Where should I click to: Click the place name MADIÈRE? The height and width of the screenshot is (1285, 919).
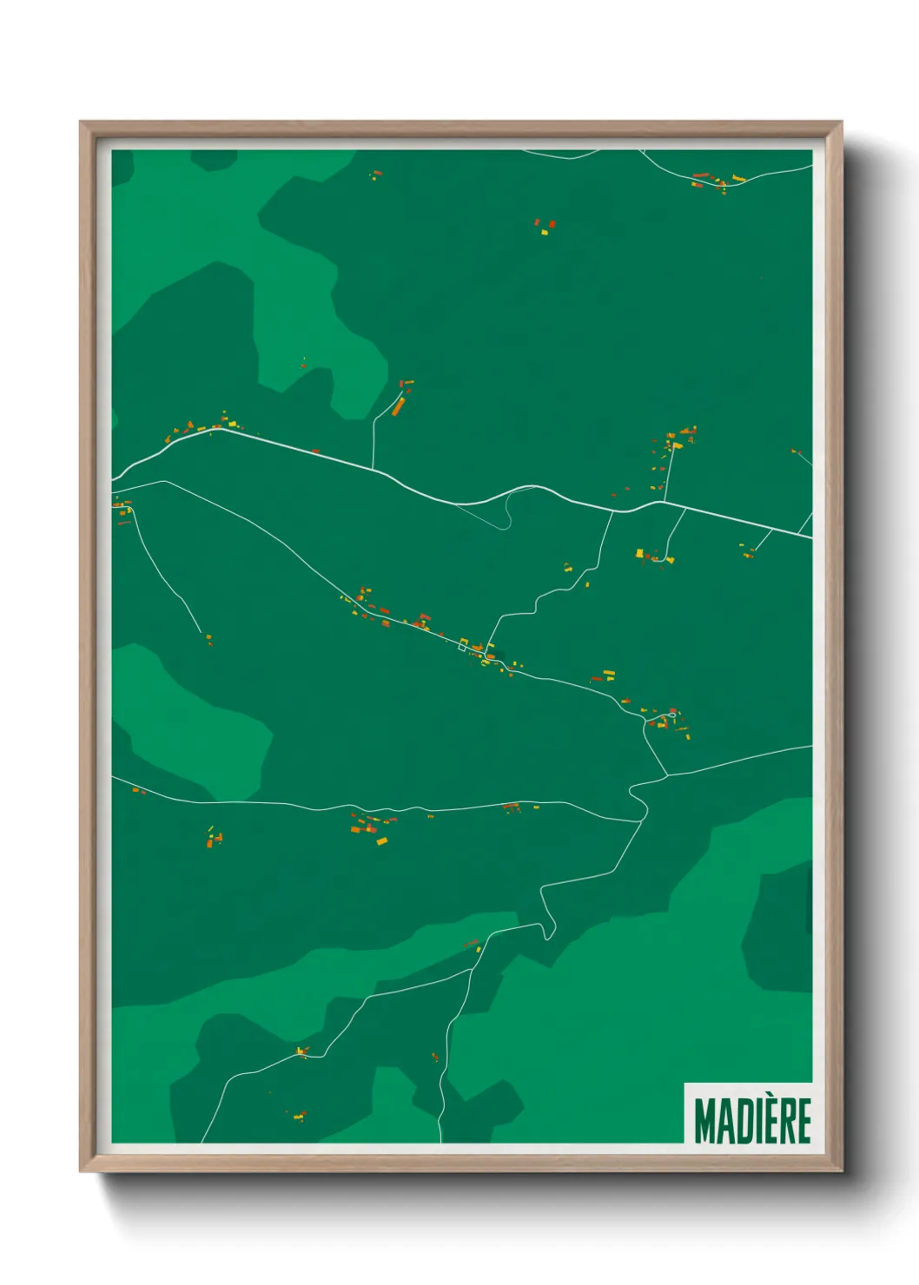[x=752, y=1121]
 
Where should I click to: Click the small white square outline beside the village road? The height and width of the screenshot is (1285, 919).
[x=463, y=645]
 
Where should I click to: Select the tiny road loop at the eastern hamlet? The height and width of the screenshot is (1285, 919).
[x=671, y=716]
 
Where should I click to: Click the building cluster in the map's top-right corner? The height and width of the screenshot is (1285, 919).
[x=717, y=181]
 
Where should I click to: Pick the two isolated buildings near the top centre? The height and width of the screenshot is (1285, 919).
[x=545, y=227]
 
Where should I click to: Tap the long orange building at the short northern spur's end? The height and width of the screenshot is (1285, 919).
[x=399, y=406]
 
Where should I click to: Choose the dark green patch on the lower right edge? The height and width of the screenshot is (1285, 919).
[x=777, y=929]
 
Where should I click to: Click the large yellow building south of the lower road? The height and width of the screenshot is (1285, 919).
[x=381, y=840]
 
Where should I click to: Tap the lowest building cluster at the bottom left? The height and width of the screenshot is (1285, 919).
[x=298, y=1116]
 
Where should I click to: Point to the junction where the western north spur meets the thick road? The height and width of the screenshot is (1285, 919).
[x=374, y=470]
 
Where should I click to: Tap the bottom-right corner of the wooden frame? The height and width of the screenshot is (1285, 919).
[x=841, y=1171]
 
